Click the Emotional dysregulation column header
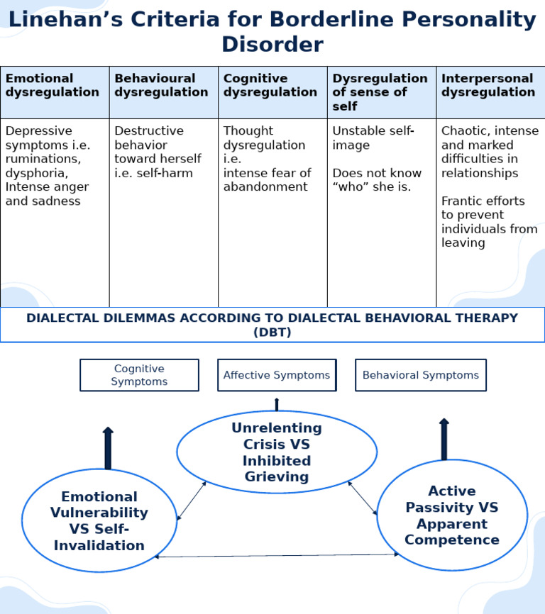(52, 85)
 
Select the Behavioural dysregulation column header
(161, 85)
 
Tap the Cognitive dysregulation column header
(270, 85)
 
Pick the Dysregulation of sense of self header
(380, 92)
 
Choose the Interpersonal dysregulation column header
(488, 85)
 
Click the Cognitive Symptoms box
(139, 375)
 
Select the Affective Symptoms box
(277, 375)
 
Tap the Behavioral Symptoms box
(420, 375)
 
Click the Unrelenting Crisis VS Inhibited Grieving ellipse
(277, 452)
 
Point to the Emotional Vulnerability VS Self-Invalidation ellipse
(99, 520)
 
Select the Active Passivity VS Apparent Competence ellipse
(452, 515)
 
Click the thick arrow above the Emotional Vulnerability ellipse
(108, 448)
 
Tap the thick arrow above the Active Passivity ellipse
(444, 440)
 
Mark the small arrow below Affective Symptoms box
(277, 405)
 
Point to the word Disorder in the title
(272, 44)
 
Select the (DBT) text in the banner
(272, 332)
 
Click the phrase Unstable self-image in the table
(373, 138)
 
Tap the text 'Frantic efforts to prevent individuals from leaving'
(490, 222)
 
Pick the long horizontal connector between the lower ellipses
(277, 555)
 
